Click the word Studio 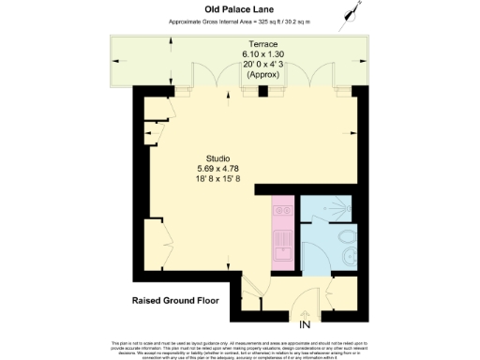(218, 158)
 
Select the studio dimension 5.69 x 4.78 (218, 169)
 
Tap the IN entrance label (304, 324)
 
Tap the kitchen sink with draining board (282, 246)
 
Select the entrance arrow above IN (304, 313)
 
